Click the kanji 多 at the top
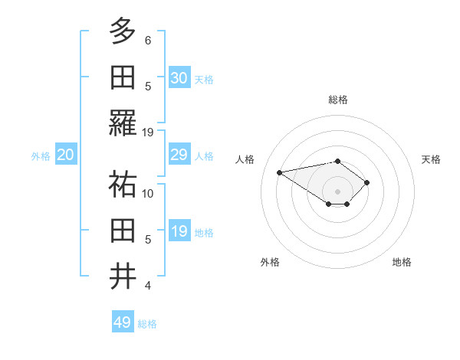(123, 31)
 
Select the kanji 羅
(123, 124)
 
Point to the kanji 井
(123, 277)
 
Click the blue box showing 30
(179, 78)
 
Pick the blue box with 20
(65, 155)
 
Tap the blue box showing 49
(123, 322)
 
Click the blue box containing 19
(179, 232)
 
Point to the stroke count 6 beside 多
(148, 40)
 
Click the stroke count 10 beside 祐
(148, 194)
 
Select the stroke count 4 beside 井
(148, 286)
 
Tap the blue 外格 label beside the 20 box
(41, 156)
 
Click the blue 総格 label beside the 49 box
(147, 324)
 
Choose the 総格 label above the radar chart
(337, 100)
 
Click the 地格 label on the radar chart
(402, 262)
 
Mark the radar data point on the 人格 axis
(280, 172)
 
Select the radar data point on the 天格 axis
(367, 182)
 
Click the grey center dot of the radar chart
(337, 191)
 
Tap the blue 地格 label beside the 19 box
(204, 233)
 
